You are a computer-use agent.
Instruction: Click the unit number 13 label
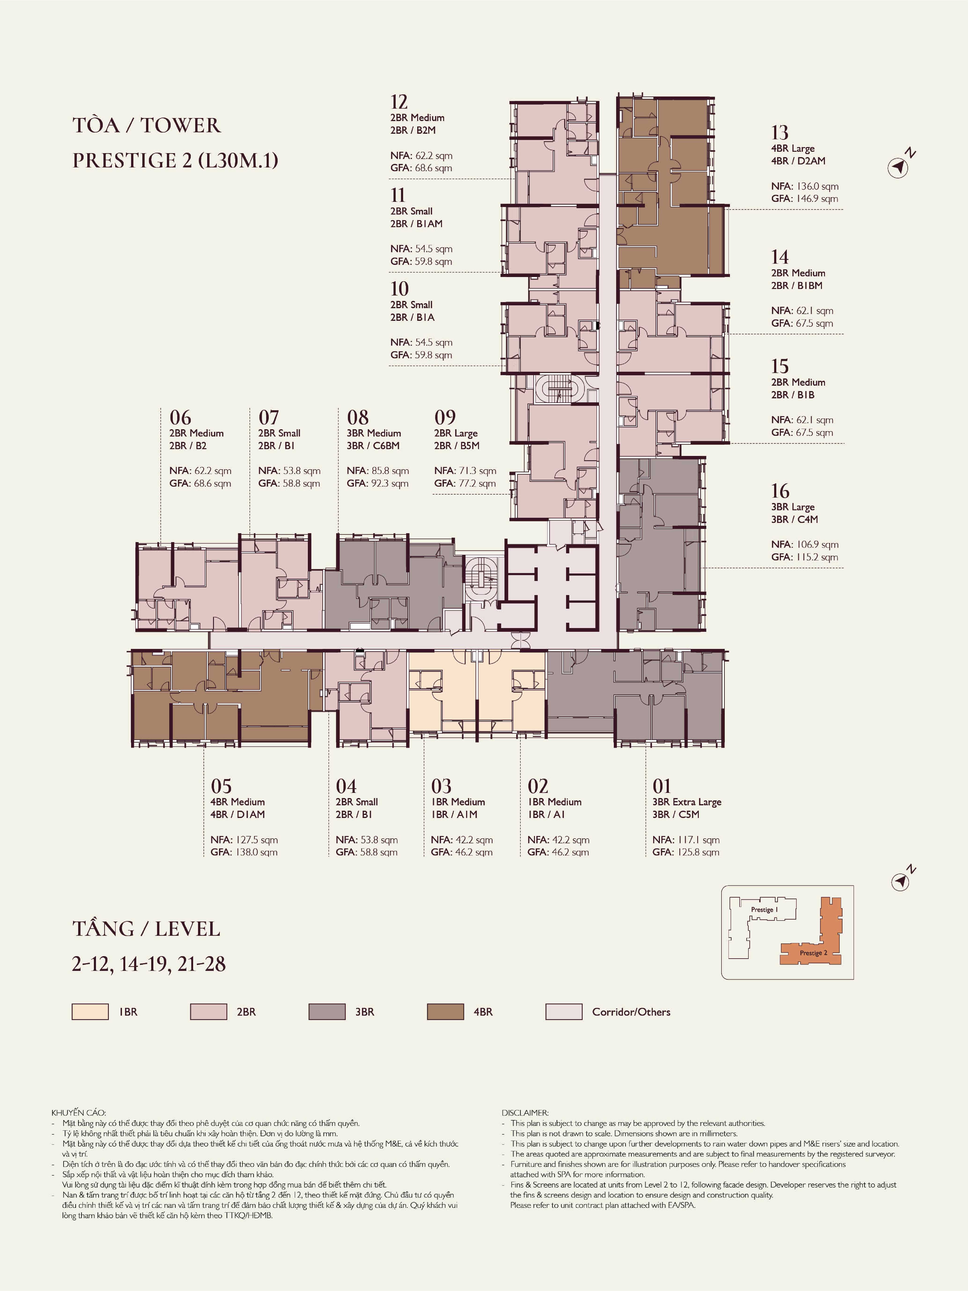point(780,133)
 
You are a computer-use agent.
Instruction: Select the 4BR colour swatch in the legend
point(445,1011)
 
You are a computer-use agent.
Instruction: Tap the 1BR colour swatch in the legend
point(90,1011)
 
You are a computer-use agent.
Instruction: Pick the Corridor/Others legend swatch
point(564,1011)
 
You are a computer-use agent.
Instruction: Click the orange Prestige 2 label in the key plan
point(813,952)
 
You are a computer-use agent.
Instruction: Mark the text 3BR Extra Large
point(687,801)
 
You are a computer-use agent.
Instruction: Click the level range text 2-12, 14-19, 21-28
point(149,964)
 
